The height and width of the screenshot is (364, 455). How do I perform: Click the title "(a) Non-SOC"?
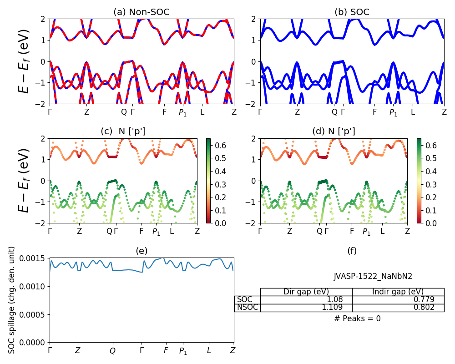[142, 12]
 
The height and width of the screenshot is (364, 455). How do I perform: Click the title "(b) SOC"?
[352, 12]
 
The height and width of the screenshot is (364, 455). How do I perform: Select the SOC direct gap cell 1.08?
[334, 300]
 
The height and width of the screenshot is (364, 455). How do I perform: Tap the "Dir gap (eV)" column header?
[306, 292]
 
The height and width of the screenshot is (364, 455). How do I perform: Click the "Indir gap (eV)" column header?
[398, 292]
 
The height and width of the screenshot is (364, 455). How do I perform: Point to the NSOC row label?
[248, 308]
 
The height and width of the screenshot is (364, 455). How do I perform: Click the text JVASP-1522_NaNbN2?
[373, 276]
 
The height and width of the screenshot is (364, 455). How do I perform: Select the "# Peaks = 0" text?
[357, 319]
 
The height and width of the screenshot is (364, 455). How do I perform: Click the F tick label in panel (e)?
[166, 351]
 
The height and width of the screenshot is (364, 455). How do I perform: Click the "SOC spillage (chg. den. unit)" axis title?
[12, 300]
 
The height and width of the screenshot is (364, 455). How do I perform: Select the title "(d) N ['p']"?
[334, 131]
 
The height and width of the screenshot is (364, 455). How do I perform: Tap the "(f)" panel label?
[352, 251]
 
